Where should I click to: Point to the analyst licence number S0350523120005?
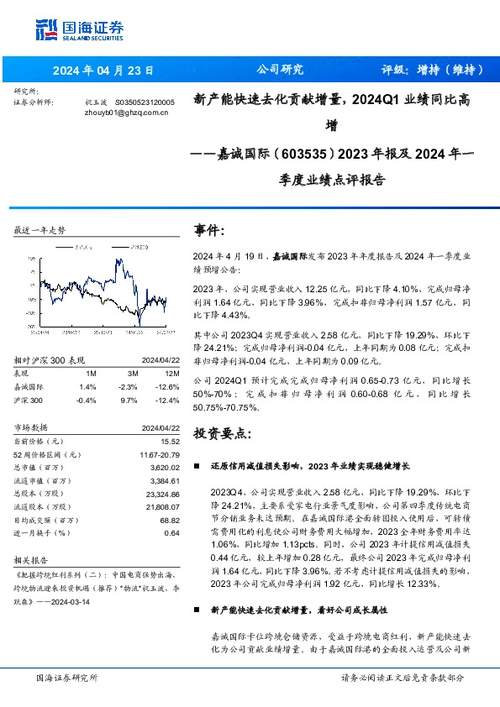click(144, 102)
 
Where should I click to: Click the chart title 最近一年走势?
click(39, 230)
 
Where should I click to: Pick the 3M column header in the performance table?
click(133, 373)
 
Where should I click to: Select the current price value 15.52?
click(171, 441)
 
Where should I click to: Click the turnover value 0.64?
click(172, 532)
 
